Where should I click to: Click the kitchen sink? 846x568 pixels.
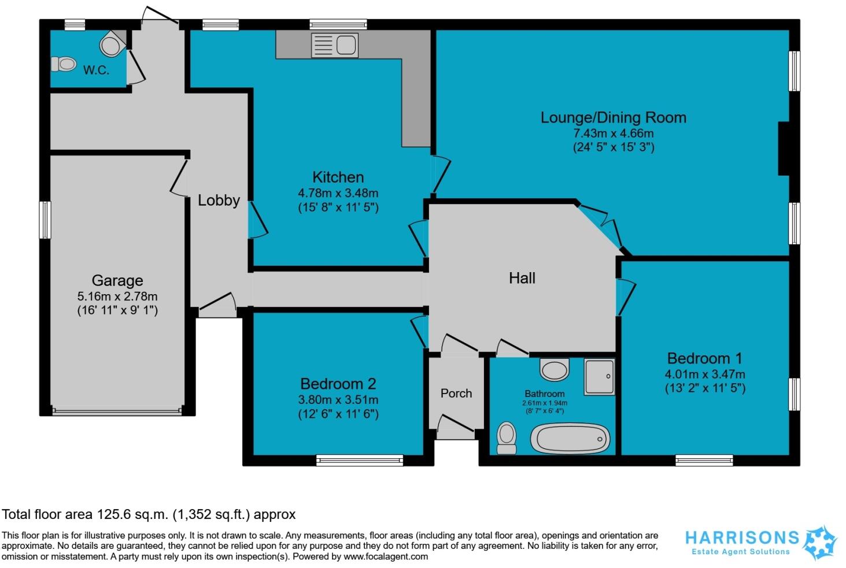(x=335, y=45)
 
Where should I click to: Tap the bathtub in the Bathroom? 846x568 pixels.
(x=570, y=440)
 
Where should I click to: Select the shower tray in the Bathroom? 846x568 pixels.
(x=599, y=376)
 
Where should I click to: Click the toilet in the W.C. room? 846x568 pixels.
(x=64, y=64)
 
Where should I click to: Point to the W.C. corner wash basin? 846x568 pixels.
(x=112, y=44)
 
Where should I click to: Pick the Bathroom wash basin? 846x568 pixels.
(x=554, y=368)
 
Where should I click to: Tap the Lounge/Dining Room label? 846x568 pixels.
(x=613, y=117)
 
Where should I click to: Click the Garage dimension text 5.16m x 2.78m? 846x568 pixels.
(x=117, y=296)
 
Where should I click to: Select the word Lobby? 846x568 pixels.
(x=219, y=201)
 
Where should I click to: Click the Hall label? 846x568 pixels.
(x=522, y=278)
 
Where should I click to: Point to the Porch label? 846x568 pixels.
(x=456, y=393)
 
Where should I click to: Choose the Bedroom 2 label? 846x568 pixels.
(x=338, y=384)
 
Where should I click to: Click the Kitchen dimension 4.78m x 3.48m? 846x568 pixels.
(x=338, y=193)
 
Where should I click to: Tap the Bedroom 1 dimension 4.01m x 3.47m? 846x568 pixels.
(x=705, y=374)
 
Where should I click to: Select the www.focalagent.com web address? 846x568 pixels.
(x=386, y=557)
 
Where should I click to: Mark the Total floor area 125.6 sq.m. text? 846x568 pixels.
(x=149, y=514)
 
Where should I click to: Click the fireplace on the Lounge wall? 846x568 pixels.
(x=784, y=149)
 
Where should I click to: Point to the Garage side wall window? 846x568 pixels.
(x=45, y=220)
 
